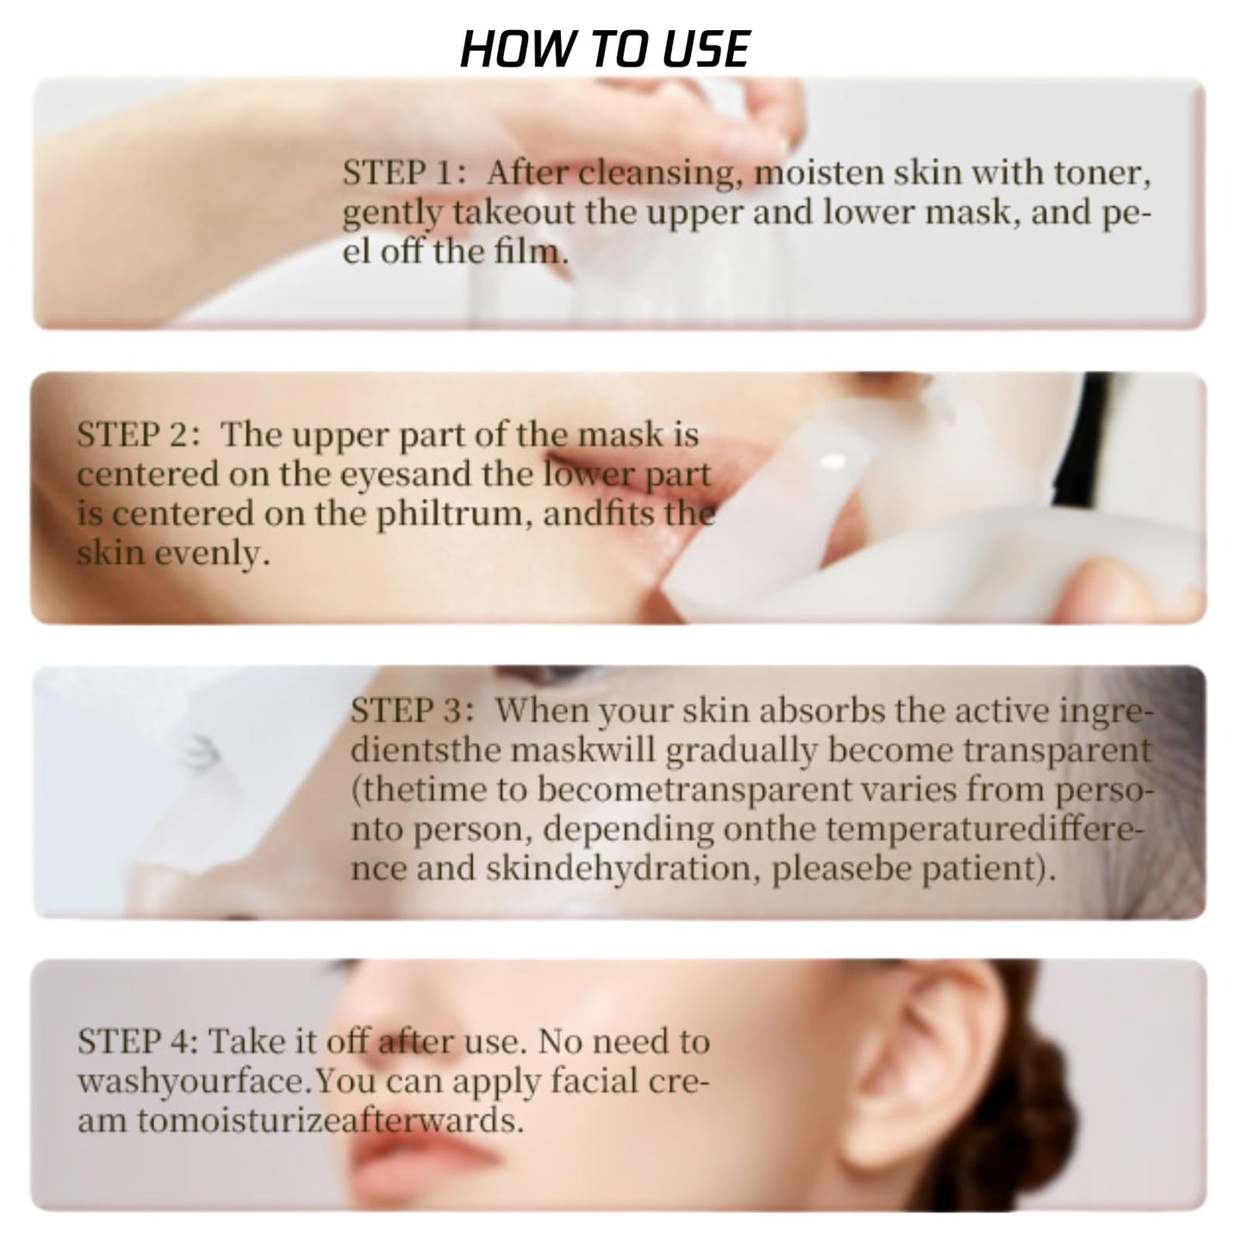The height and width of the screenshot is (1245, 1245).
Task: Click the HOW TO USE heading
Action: click(x=605, y=49)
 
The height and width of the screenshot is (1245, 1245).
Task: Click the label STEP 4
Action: click(x=138, y=1042)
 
